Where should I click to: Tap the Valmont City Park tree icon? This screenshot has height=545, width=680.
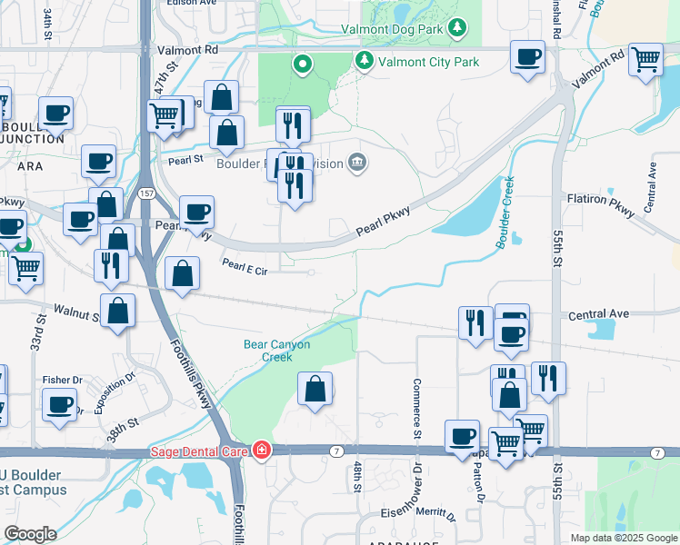click(365, 61)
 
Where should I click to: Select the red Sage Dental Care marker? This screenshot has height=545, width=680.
click(262, 451)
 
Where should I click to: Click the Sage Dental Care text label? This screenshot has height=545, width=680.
click(200, 451)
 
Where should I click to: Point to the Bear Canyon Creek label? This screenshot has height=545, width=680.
click(277, 351)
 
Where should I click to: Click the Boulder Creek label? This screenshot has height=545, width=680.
click(505, 213)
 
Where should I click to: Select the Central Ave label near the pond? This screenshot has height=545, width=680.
click(599, 314)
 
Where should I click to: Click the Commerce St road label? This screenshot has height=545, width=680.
click(416, 408)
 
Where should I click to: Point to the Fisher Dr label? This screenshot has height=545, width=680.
click(63, 380)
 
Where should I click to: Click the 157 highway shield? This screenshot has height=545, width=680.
click(147, 193)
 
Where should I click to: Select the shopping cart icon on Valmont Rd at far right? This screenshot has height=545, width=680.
click(645, 60)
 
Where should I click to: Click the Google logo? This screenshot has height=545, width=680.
click(30, 534)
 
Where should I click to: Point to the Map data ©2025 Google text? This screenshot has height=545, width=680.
click(623, 538)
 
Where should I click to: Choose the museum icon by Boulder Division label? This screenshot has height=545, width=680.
click(358, 163)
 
